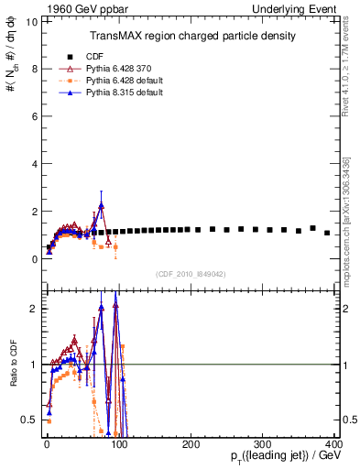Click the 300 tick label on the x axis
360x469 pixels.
pyautogui.click(x=264, y=446)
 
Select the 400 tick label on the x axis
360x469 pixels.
pyautogui.click(x=335, y=446)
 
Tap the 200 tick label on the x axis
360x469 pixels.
pyautogui.click(x=191, y=446)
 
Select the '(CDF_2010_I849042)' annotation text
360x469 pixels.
pyautogui.click(x=191, y=274)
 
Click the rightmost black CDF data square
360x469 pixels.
pyautogui.click(x=327, y=233)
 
